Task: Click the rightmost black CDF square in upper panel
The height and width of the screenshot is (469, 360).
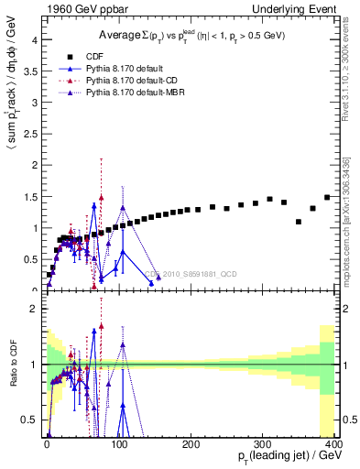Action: pyautogui.click(x=327, y=197)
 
